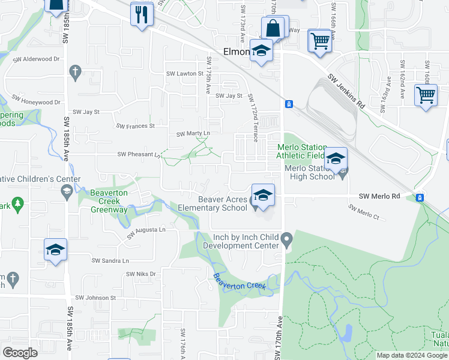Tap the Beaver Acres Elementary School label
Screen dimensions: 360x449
tap(212, 203)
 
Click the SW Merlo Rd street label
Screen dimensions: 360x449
tap(379, 196)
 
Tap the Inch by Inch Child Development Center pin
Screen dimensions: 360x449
tap(286, 241)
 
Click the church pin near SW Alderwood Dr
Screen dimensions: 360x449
tap(75, 72)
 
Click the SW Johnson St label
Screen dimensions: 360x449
tap(95, 298)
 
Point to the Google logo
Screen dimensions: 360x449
tap(20, 352)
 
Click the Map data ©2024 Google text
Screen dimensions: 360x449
tap(411, 355)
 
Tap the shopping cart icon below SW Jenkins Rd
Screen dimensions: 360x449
tap(426, 95)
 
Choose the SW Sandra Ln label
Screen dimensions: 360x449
tap(110, 260)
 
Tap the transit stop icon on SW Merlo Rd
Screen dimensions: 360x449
tap(420, 197)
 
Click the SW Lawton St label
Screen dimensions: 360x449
tap(184, 74)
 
